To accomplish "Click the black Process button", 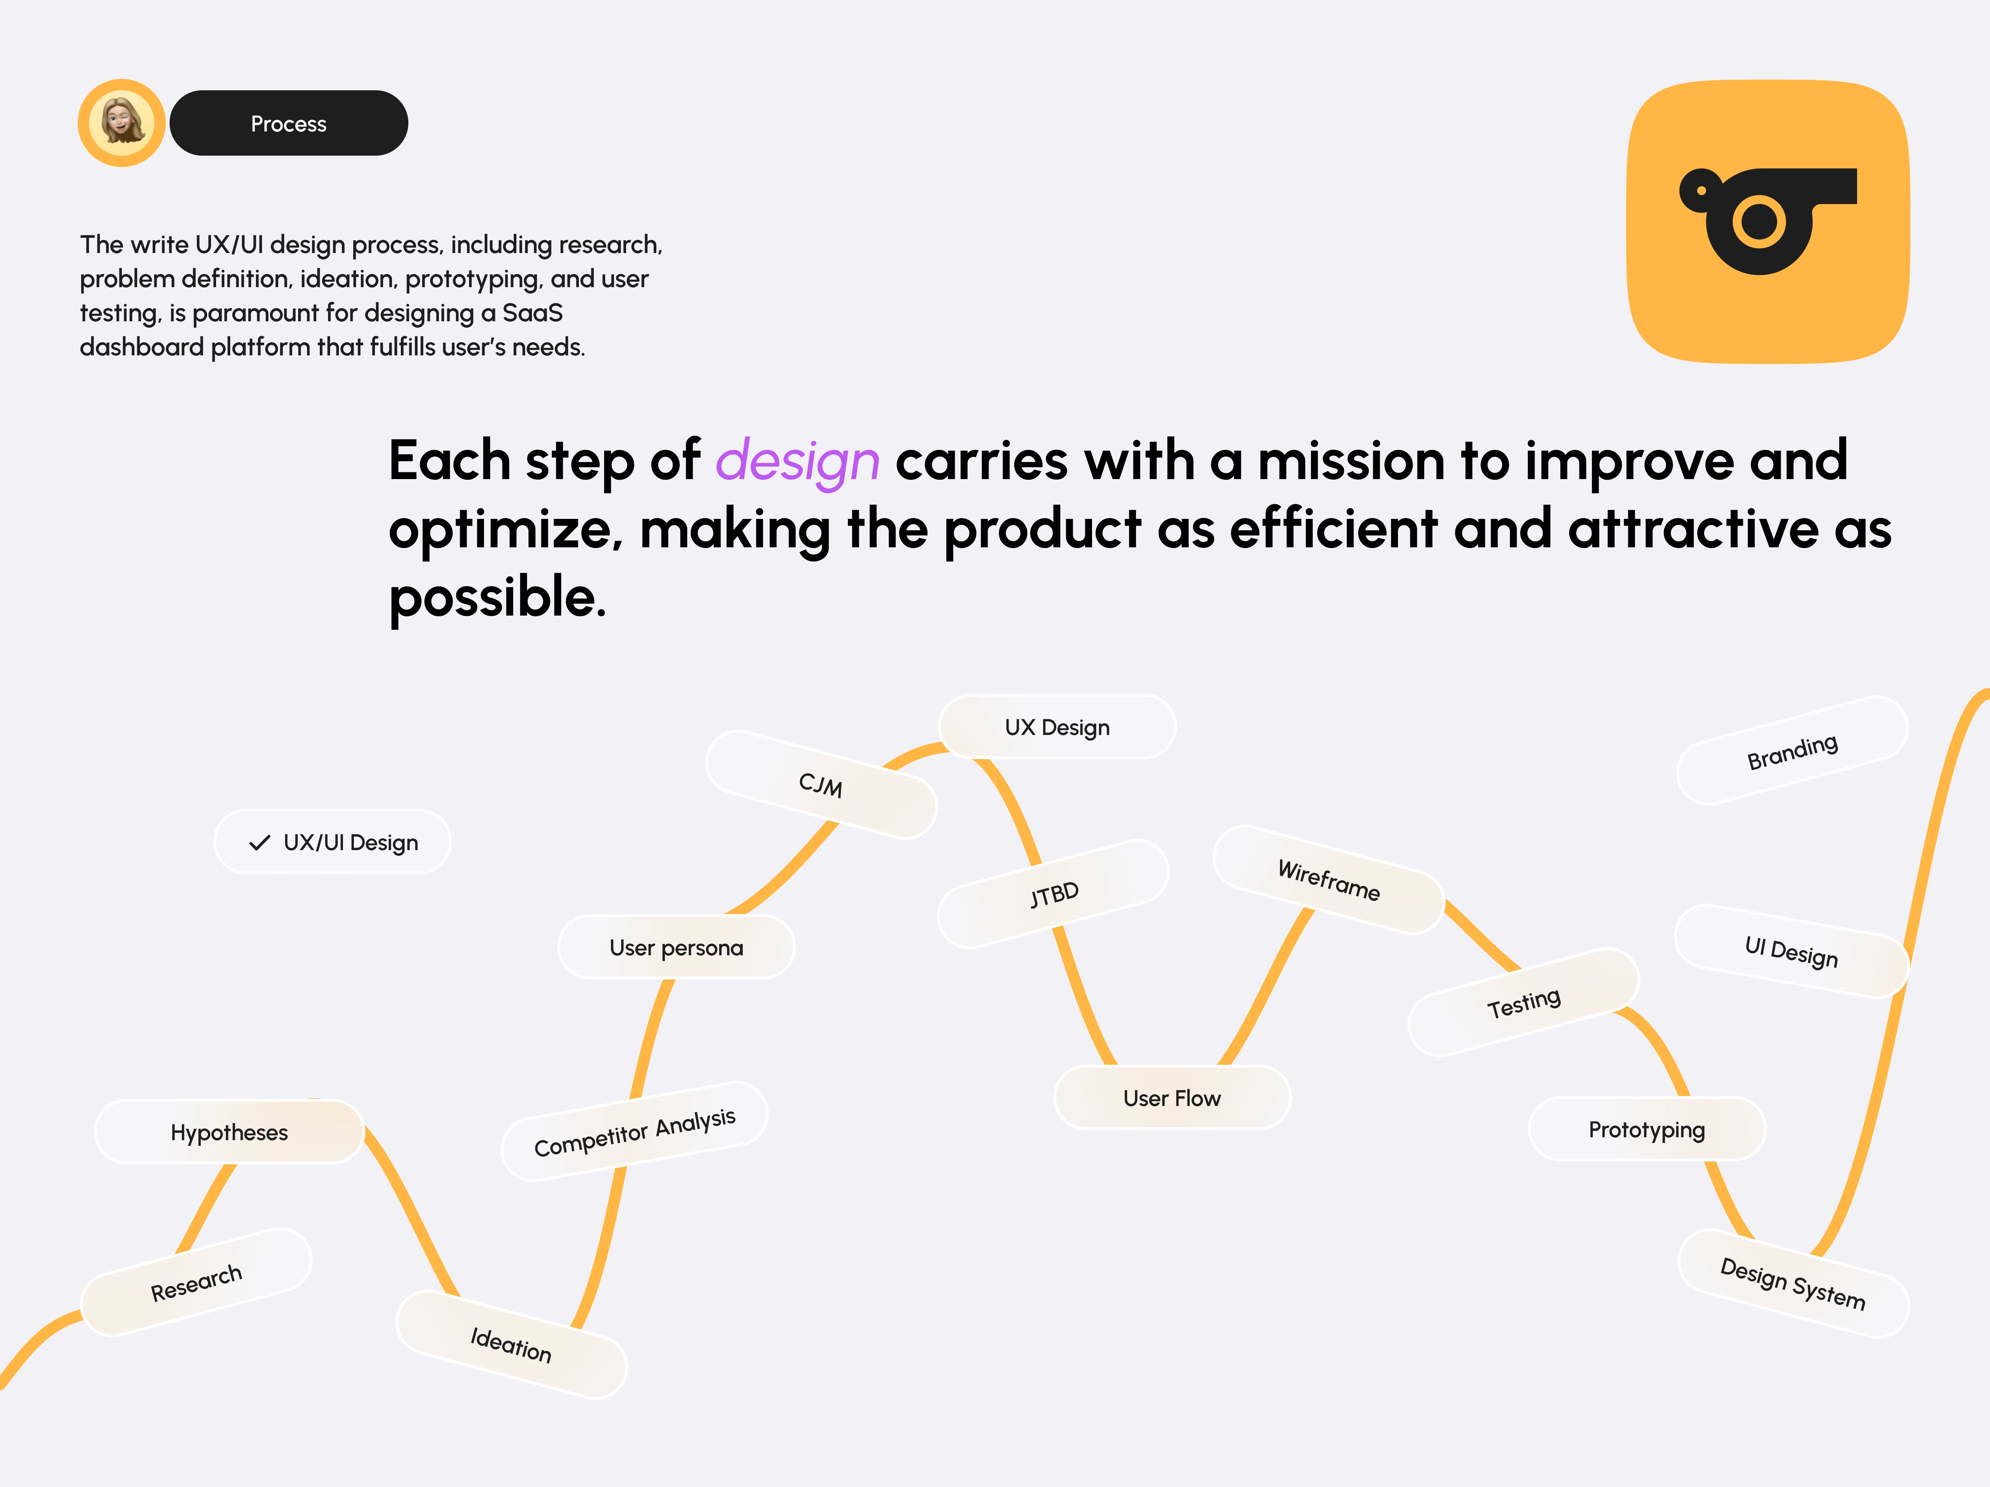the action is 289,123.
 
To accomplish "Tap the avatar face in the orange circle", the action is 122,122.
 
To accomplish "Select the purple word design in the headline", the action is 797,461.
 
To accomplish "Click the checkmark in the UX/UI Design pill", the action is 260,843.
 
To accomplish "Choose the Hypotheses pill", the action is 230,1132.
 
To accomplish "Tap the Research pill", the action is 196,1282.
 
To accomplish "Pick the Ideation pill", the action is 511,1345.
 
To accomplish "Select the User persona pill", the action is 677,947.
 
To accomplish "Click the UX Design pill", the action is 1057,727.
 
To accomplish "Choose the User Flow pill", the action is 1172,1097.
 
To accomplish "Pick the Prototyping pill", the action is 1647,1129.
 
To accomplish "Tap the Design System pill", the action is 1793,1284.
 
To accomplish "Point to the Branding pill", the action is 1792,750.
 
